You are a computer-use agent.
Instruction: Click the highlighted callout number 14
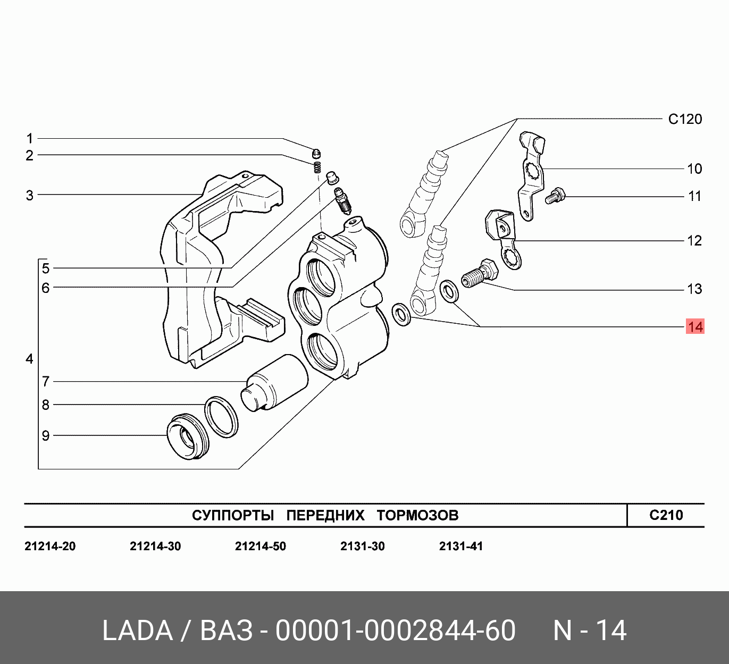[695, 326]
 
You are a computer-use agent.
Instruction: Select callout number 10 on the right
[694, 169]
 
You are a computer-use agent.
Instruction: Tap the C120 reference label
[685, 119]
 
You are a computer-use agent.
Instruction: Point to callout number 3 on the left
[30, 195]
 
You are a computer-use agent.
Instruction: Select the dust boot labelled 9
[186, 435]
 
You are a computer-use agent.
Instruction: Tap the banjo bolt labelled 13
[480, 273]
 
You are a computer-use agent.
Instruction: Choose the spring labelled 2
[317, 167]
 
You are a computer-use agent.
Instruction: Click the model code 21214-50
[260, 547]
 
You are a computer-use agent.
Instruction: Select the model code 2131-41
[460, 547]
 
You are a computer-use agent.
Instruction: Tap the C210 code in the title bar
[666, 515]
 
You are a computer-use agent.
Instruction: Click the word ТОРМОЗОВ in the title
[417, 515]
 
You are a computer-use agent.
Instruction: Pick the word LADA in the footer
[137, 631]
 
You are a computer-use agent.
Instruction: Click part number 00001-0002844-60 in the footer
[395, 631]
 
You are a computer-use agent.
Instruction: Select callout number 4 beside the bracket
[30, 359]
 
